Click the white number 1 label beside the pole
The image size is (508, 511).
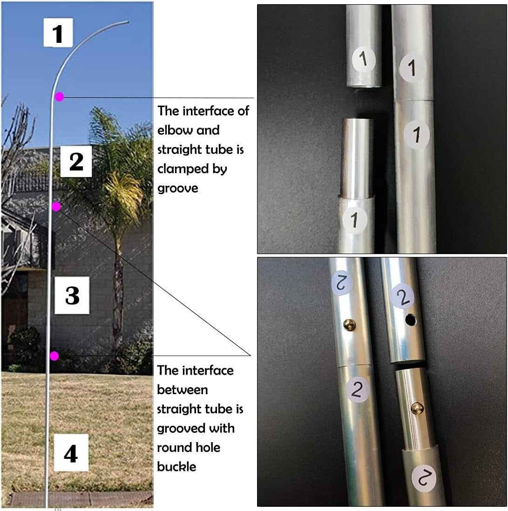58,33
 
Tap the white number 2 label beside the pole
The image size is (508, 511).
76,161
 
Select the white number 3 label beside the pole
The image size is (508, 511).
72,295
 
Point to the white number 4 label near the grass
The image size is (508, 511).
71,453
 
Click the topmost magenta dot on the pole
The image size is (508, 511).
59,97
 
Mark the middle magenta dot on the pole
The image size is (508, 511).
56,206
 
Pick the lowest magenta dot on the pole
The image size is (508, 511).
54,356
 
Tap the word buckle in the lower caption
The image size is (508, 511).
176,466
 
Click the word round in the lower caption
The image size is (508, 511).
173,447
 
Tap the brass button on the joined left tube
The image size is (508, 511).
350,325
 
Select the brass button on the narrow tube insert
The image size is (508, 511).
417,408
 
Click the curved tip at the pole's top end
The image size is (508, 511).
127,21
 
